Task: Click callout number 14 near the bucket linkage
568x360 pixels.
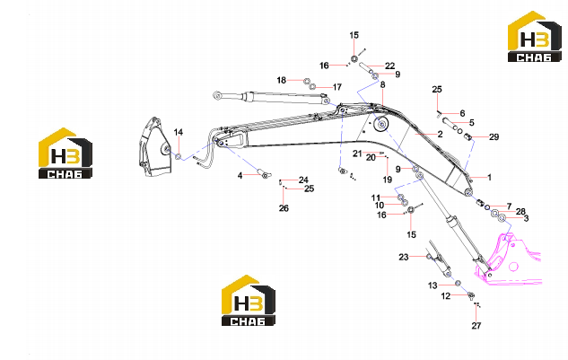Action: [x=179, y=132]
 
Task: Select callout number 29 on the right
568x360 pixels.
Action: [x=494, y=137]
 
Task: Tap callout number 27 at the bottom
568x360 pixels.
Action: [x=476, y=326]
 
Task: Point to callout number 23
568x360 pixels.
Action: [x=404, y=257]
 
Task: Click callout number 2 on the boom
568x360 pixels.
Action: [x=440, y=134]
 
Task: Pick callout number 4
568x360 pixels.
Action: [x=240, y=176]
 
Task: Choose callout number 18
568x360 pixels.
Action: [x=282, y=80]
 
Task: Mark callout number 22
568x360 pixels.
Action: [x=389, y=66]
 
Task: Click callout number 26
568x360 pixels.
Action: [x=284, y=208]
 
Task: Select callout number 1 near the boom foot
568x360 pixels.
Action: [x=489, y=178]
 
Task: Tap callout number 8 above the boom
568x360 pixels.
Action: [x=382, y=84]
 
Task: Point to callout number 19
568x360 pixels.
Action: [x=388, y=180]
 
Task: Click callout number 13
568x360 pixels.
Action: [x=433, y=285]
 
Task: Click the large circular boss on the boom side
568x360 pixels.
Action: [x=381, y=125]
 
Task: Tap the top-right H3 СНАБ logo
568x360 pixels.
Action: [x=535, y=37]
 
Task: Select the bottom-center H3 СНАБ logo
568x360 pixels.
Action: [x=249, y=300]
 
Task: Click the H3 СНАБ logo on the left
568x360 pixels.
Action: [x=66, y=153]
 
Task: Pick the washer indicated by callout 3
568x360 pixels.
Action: [x=502, y=218]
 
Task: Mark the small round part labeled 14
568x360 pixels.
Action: [x=179, y=156]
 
